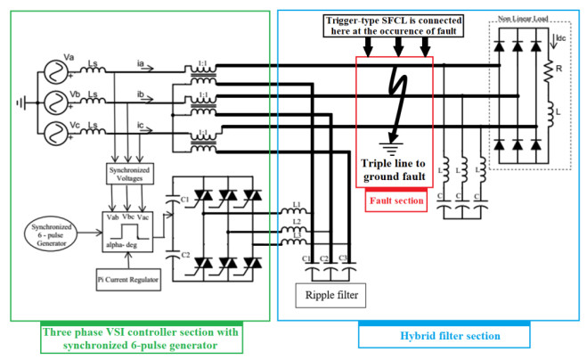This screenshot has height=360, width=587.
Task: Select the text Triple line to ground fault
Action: click(395, 173)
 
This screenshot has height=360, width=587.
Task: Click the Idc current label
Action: click(561, 38)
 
